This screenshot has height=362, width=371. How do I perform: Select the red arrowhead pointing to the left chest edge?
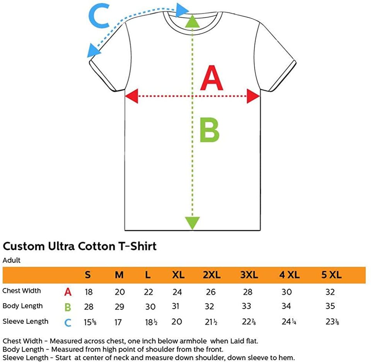131,96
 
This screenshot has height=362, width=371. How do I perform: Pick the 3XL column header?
249,275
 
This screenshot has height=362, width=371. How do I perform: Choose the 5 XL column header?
331,275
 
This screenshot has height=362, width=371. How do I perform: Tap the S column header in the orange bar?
88,275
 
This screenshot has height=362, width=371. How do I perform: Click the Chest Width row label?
22,291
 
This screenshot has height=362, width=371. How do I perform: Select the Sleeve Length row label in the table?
26,321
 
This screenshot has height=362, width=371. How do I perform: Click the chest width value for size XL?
177,292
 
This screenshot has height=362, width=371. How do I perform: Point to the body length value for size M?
119,307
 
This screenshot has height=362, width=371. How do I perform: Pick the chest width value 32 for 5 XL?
330,292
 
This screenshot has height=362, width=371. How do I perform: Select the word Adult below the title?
12,260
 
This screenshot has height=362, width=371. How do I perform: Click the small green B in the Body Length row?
68,307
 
